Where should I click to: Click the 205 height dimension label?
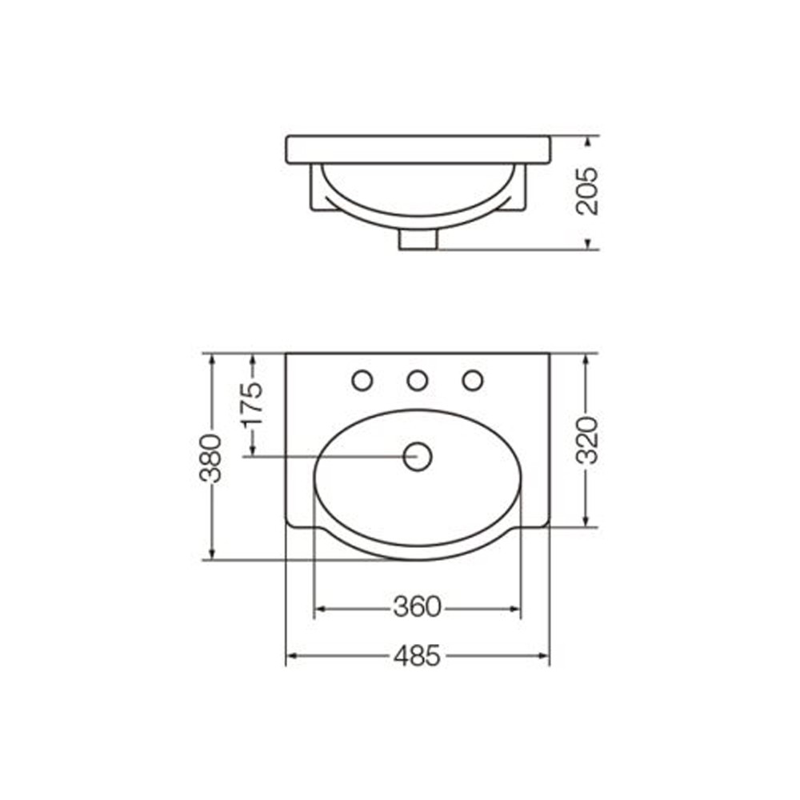click(x=586, y=190)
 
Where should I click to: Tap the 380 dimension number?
click(x=211, y=458)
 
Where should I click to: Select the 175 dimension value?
click(x=253, y=403)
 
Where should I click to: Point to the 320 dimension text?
click(x=586, y=440)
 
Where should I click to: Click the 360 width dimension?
click(x=417, y=607)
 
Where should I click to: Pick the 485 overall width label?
click(x=417, y=656)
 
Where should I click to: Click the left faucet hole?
click(x=362, y=381)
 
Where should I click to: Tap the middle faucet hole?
click(x=418, y=381)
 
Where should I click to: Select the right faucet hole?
click(x=473, y=381)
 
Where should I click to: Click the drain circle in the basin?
click(x=418, y=457)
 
